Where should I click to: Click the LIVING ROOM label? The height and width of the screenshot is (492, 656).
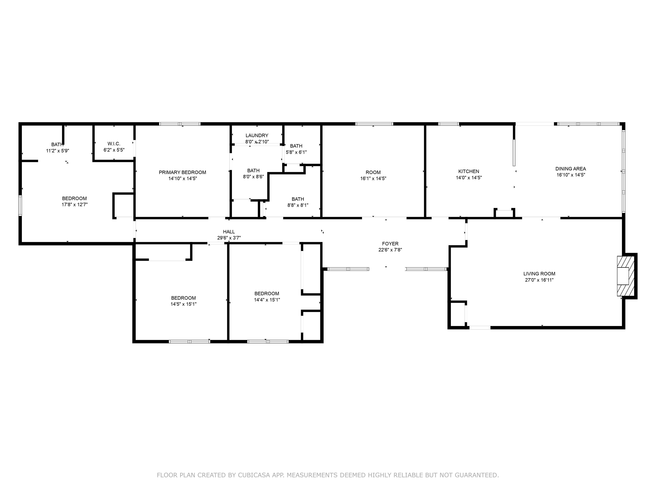(x=539, y=274)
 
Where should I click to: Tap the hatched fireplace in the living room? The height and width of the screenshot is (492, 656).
(x=626, y=276)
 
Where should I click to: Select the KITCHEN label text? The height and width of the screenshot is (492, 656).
(x=469, y=171)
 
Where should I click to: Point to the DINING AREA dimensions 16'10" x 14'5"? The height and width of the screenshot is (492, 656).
(x=571, y=175)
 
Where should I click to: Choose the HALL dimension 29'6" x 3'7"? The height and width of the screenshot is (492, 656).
(x=229, y=238)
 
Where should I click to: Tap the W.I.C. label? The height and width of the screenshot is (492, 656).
(x=114, y=144)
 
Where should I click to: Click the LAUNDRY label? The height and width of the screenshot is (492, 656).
(x=257, y=136)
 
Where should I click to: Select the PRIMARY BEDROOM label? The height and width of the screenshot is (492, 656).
(x=182, y=172)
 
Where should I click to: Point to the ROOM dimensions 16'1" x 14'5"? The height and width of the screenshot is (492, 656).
(x=373, y=179)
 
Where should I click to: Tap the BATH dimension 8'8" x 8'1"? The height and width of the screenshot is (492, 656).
(x=298, y=205)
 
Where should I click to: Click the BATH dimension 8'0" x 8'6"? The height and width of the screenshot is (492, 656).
(x=253, y=176)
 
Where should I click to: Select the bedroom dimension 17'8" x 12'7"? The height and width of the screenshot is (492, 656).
(x=75, y=205)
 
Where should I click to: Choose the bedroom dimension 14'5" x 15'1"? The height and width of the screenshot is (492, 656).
(x=183, y=304)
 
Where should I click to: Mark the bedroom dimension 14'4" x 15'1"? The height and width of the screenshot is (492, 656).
(x=267, y=300)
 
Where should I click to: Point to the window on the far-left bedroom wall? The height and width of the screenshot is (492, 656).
(x=20, y=205)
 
